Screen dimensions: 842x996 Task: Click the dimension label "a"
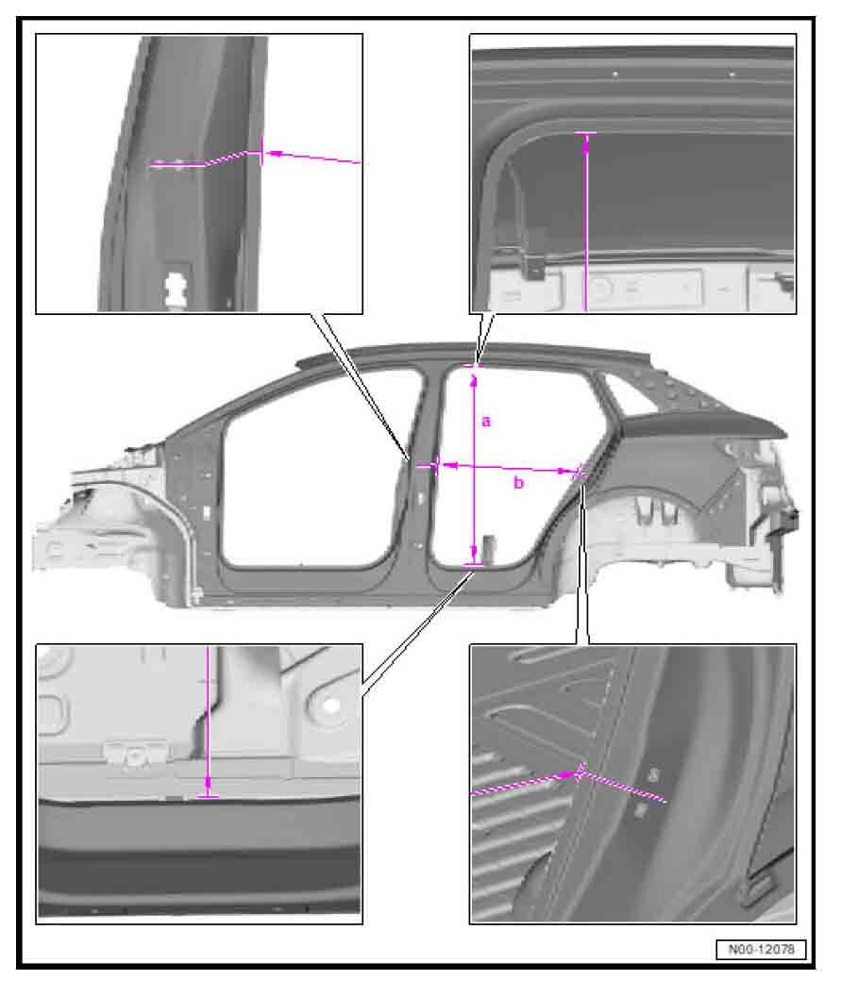click(x=486, y=422)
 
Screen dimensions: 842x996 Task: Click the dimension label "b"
click(x=519, y=483)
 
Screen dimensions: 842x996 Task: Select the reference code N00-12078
click(x=761, y=949)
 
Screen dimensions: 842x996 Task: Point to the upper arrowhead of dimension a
click(x=473, y=380)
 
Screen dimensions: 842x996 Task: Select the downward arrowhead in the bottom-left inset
click(x=208, y=787)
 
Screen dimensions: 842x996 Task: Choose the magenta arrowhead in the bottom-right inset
click(x=567, y=775)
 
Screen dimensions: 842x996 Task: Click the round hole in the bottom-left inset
click(x=328, y=705)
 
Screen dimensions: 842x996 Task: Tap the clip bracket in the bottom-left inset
click(x=136, y=754)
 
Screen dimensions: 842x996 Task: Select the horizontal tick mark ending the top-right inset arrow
click(x=585, y=133)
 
